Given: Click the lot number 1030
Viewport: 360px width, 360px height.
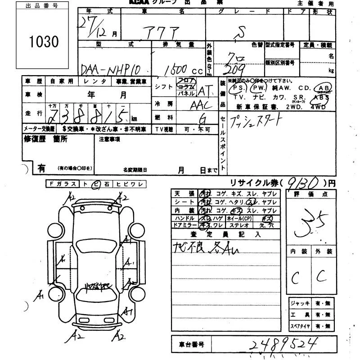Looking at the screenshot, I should click(44, 42).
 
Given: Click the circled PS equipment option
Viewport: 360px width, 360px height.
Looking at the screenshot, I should click(237, 88).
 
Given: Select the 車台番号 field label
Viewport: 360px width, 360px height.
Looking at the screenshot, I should click(189, 345).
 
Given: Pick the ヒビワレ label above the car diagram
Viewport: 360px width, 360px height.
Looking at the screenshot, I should click(130, 184).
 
